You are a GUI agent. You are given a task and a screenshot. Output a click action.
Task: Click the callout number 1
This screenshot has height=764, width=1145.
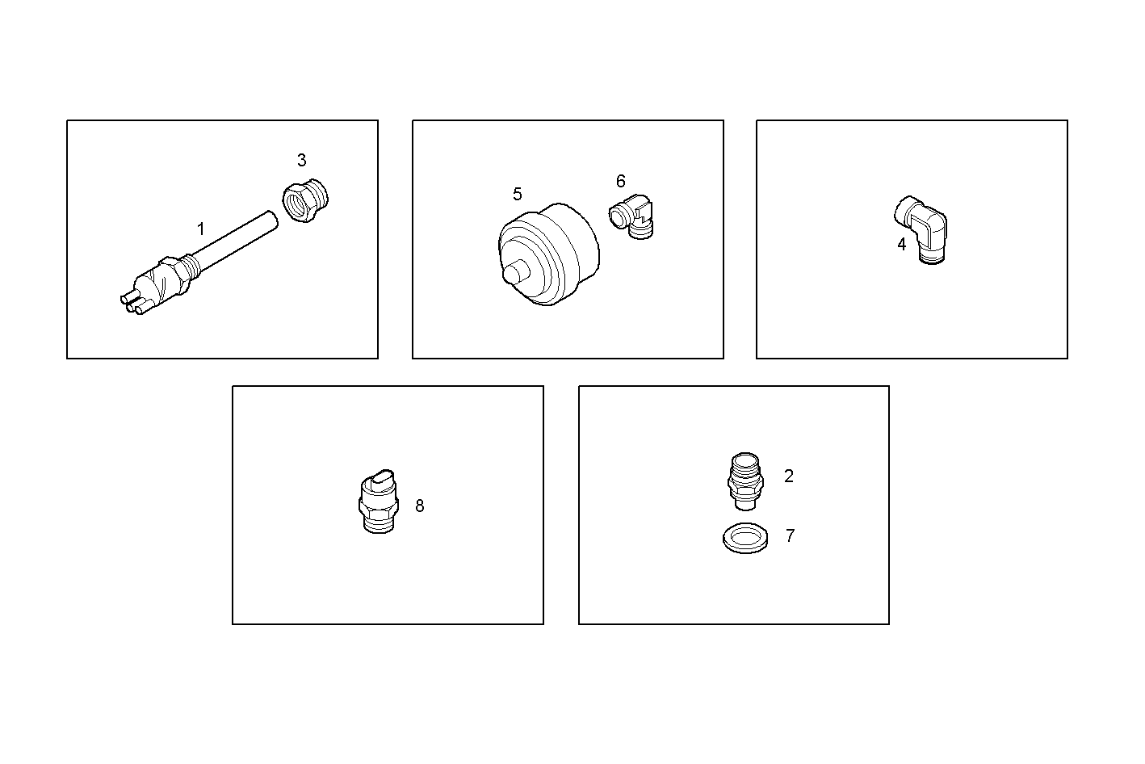pyautogui.click(x=201, y=229)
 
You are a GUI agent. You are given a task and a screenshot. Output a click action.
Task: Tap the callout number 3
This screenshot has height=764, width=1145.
pyautogui.click(x=301, y=160)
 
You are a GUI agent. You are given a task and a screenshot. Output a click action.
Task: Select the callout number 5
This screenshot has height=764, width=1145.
pyautogui.click(x=518, y=195)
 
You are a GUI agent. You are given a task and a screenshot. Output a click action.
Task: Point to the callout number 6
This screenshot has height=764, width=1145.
pyautogui.click(x=621, y=181)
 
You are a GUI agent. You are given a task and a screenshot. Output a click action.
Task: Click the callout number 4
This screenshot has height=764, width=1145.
pyautogui.click(x=902, y=245)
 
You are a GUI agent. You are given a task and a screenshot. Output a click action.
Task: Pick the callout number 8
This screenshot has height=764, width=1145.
pyautogui.click(x=420, y=506)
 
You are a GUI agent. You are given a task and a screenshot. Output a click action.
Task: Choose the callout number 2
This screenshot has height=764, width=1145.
pyautogui.click(x=789, y=476)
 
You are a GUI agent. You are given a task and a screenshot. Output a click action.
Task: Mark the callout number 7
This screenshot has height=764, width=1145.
pyautogui.click(x=791, y=535)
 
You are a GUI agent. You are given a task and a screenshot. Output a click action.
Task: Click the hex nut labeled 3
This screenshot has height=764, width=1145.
pyautogui.click(x=306, y=200)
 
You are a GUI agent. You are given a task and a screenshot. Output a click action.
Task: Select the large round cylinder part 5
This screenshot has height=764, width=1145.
pyautogui.click(x=549, y=254)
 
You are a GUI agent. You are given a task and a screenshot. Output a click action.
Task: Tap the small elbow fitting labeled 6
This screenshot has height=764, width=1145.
pyautogui.click(x=631, y=216)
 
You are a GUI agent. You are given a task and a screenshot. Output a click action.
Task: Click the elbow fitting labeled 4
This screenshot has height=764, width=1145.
pyautogui.click(x=921, y=229)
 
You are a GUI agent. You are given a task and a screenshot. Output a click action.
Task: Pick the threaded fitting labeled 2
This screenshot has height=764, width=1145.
pyautogui.click(x=745, y=481)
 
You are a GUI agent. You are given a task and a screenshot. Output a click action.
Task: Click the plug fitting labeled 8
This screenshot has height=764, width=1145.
pyautogui.click(x=378, y=502)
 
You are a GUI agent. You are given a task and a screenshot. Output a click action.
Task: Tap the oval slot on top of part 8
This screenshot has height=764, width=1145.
pyautogui.click(x=383, y=477)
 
